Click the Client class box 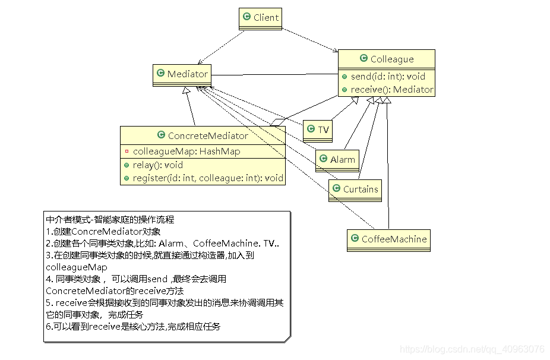(x=260, y=18)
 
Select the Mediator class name (x=187, y=74)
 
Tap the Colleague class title (x=391, y=59)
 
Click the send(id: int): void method (x=387, y=77)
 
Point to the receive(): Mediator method (x=391, y=90)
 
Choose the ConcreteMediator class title (x=207, y=136)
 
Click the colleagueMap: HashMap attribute (x=186, y=151)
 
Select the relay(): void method (x=157, y=165)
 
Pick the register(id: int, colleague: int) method (x=207, y=178)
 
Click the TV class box (x=318, y=130)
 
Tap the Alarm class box (x=337, y=159)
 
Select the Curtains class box (x=355, y=190)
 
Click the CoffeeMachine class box (x=388, y=239)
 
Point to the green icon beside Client (x=246, y=18)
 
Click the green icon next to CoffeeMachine (x=355, y=239)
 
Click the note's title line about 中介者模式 (x=110, y=219)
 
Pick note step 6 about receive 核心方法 (x=133, y=326)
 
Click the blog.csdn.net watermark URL (x=472, y=349)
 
